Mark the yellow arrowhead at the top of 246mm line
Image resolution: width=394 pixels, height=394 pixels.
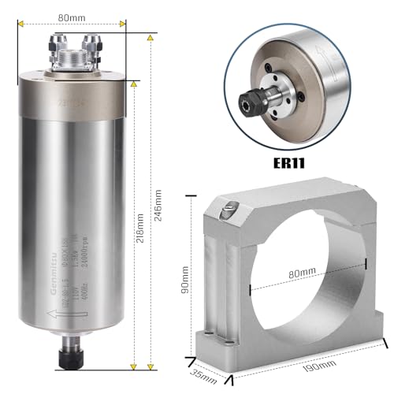pyautogui.click(x=151, y=35)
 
